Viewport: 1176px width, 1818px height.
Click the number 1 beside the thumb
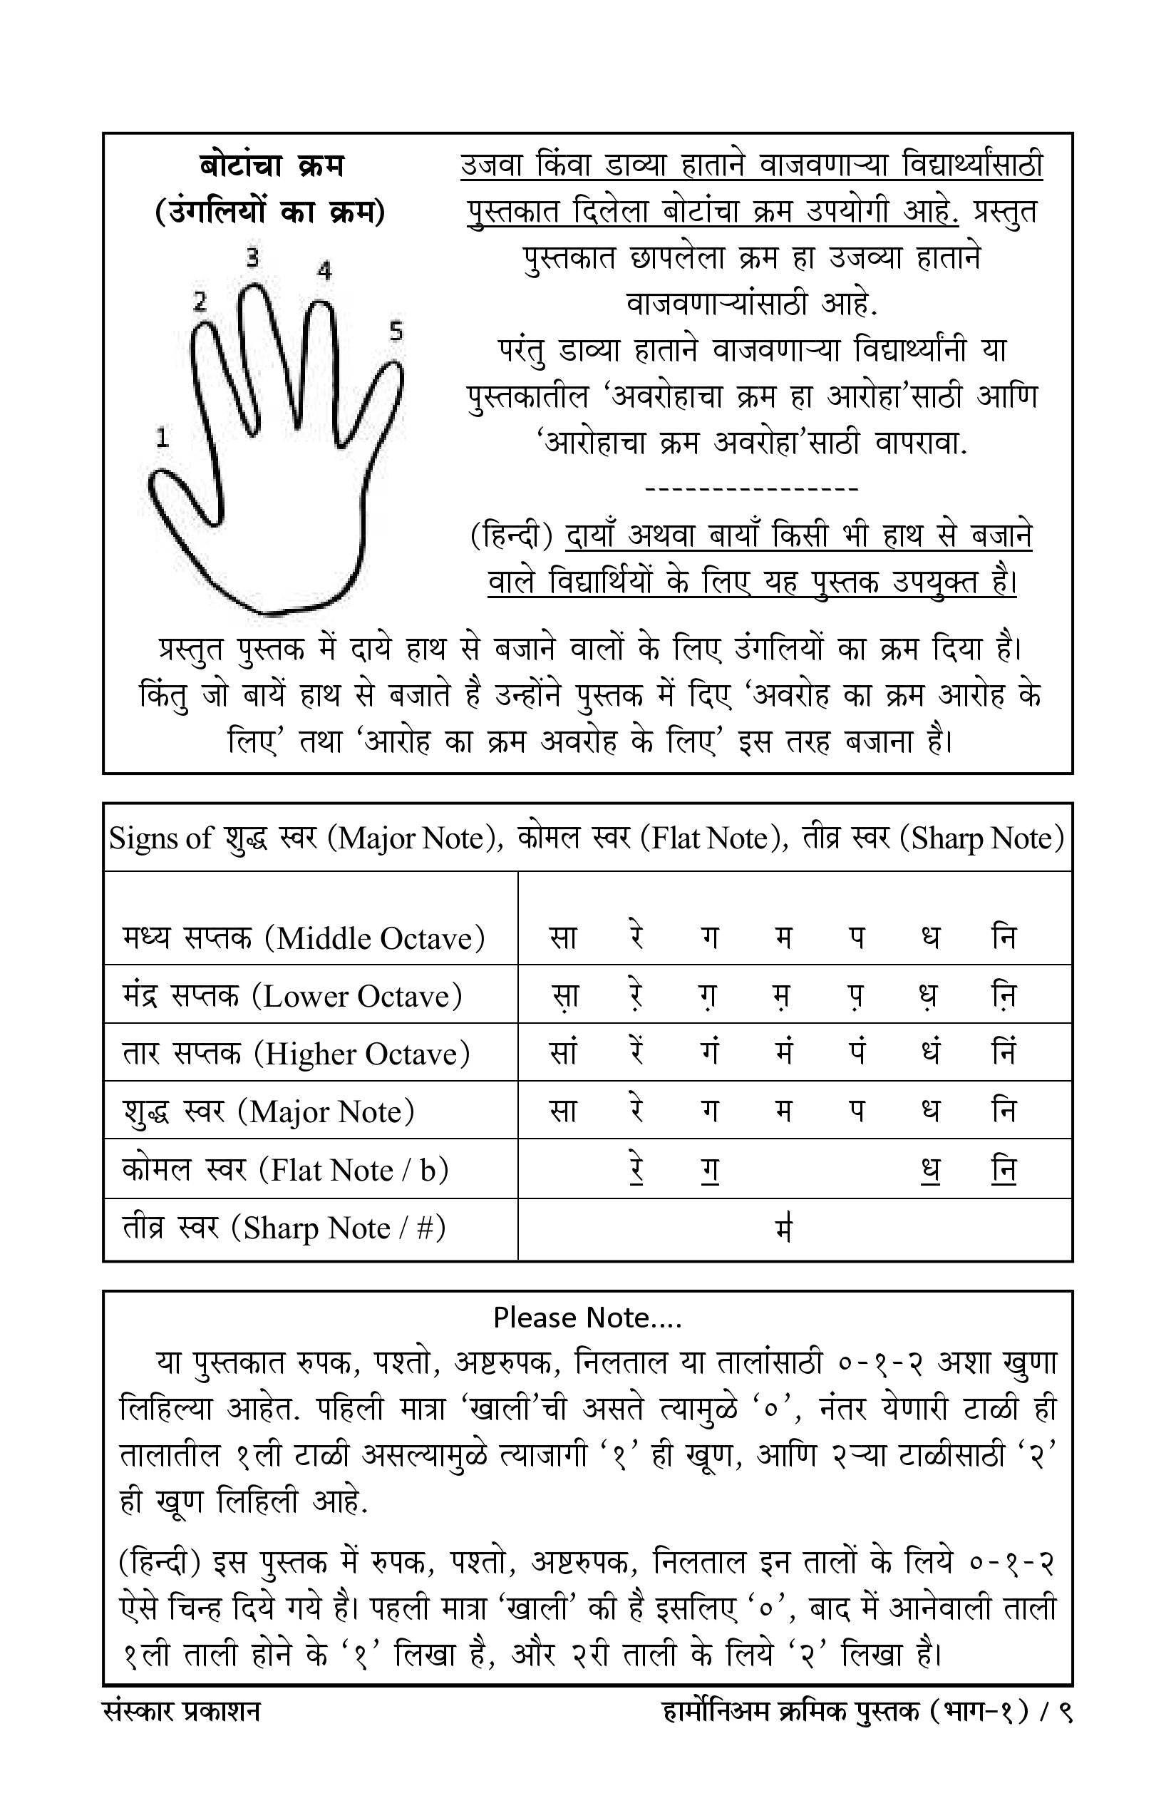point(162,438)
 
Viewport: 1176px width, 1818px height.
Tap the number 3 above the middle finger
point(253,257)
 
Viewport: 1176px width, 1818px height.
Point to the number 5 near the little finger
point(396,331)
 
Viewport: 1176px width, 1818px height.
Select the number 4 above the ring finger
point(324,270)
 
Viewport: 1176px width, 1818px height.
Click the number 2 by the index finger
point(200,301)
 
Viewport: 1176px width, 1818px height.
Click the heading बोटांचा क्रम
point(271,165)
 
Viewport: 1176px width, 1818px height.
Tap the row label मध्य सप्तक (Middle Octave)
point(303,938)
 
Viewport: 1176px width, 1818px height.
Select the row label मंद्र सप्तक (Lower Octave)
point(292,995)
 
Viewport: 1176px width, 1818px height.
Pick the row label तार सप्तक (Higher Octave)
point(296,1054)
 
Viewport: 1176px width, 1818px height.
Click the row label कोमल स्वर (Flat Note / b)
point(285,1169)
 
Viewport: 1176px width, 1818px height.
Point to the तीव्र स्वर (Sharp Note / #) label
point(284,1228)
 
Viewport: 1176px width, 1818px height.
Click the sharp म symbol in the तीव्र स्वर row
point(783,1228)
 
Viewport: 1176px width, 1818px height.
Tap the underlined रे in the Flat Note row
point(636,1169)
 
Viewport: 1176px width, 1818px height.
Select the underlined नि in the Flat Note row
point(1004,1169)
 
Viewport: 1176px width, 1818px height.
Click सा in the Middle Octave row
point(563,938)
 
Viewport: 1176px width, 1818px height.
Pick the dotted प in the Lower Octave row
point(857,996)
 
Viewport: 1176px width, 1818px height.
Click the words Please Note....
point(587,1317)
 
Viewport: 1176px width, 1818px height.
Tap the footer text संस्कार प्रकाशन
point(181,1712)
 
